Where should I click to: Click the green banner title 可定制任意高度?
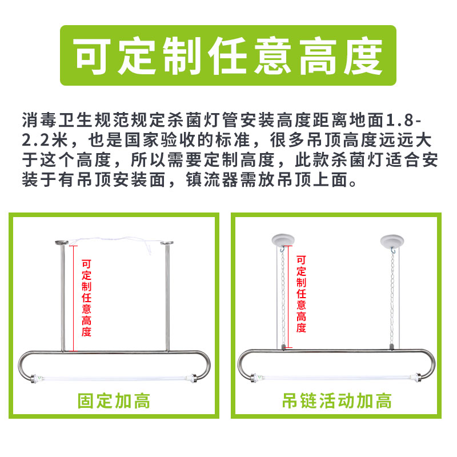coord(228,56)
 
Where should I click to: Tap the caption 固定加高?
coord(114,401)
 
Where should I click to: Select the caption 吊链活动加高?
coord(337,401)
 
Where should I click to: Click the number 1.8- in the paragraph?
coord(403,121)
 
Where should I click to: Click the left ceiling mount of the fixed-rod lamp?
coord(62,242)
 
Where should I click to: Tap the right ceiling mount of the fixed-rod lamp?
coord(167,243)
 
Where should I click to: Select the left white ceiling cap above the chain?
coord(283,240)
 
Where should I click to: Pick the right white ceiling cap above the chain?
coord(392,240)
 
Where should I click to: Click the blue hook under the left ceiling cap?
coord(282,250)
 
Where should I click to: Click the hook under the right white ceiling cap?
coord(393,250)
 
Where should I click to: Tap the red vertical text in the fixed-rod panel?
coord(86,298)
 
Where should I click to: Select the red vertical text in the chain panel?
coord(301,294)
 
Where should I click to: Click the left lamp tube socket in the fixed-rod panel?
coord(37,379)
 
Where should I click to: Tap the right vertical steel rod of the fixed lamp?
coord(167,298)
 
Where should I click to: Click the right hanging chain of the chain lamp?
coord(392,298)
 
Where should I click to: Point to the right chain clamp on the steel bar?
coord(391,347)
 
